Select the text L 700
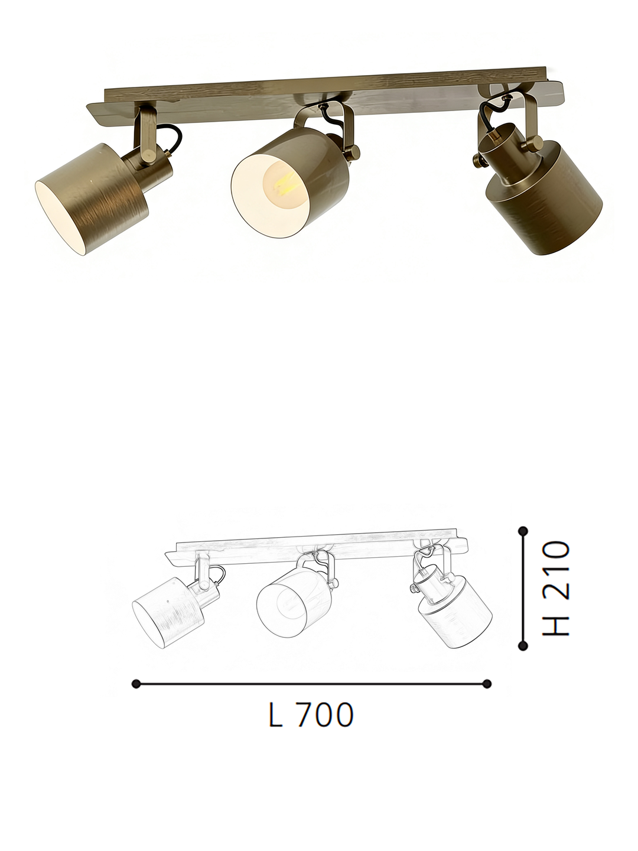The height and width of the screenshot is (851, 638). click(x=311, y=716)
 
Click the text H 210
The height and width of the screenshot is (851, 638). click(x=556, y=587)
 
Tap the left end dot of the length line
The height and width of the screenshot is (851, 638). click(x=136, y=684)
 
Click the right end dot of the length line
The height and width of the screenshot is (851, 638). click(x=487, y=684)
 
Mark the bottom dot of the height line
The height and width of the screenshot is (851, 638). click(x=523, y=646)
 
